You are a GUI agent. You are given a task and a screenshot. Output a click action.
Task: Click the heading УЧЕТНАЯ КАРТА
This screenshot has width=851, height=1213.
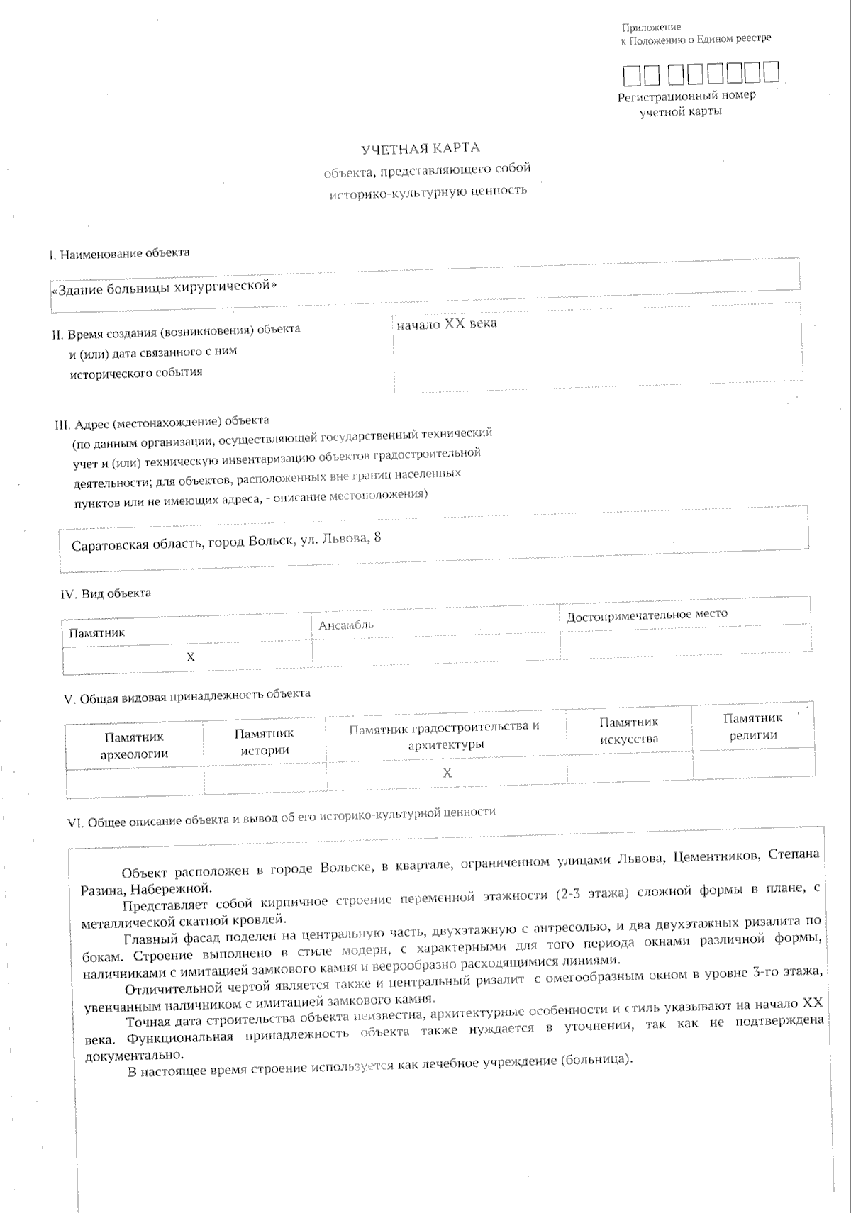420,148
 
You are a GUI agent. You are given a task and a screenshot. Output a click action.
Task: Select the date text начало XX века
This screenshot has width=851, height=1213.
447,324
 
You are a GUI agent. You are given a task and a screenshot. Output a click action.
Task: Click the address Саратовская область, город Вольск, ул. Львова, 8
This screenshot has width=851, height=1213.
226,542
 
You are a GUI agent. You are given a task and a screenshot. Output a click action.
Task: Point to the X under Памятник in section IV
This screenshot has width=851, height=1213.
190,658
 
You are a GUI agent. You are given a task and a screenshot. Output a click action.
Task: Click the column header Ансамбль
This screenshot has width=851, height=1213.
346,625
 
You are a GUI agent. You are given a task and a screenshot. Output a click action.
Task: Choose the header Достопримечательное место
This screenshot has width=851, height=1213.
647,615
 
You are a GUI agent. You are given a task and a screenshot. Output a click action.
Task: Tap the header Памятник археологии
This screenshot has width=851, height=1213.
134,745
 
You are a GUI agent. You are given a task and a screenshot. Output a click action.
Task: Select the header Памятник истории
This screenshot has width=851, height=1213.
264,742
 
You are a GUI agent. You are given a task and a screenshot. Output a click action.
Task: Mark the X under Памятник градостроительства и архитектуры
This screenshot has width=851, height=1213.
447,773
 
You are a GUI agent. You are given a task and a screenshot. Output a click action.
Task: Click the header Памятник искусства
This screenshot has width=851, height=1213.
628,730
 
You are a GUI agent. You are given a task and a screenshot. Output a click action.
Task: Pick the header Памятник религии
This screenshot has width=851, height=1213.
753,727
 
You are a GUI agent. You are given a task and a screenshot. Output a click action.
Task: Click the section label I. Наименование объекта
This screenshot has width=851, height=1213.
119,254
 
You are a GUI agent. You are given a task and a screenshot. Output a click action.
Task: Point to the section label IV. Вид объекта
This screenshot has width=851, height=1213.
106,593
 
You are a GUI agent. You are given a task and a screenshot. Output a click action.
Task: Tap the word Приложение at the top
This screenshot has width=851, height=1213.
651,28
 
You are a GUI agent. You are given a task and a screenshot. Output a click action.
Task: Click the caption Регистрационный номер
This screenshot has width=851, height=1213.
686,96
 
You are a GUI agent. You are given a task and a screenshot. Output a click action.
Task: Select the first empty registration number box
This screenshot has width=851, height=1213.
630,74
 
